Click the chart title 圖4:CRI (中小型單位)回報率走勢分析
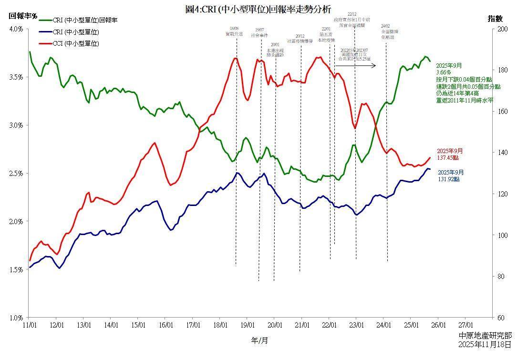tap(258, 9)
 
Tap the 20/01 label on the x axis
tap(274, 325)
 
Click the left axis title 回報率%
tap(23, 16)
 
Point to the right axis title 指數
tap(495, 19)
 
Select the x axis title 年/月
tap(259, 340)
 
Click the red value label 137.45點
tap(448, 158)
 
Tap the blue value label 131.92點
tap(448, 179)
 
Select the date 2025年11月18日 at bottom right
tap(485, 344)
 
